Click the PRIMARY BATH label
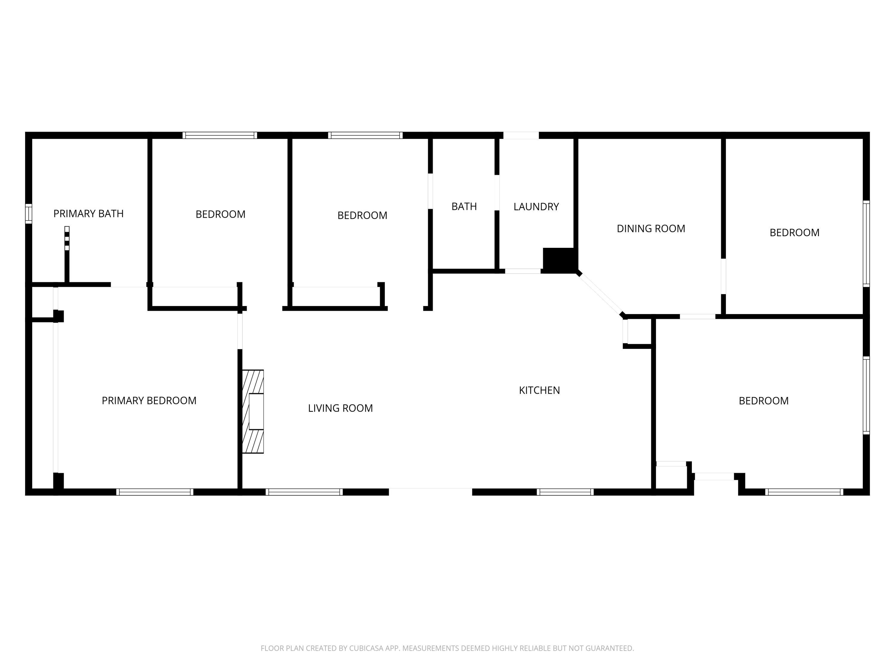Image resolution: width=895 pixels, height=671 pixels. click(88, 214)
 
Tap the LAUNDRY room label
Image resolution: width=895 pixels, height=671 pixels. click(536, 207)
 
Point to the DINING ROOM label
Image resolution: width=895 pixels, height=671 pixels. click(651, 228)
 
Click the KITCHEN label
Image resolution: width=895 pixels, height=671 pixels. click(539, 390)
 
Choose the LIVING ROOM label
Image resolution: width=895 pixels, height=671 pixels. click(340, 408)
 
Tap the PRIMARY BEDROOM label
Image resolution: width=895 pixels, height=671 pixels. click(149, 401)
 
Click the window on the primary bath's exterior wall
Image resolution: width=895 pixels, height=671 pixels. click(28, 214)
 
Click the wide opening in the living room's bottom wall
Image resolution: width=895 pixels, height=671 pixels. click(430, 492)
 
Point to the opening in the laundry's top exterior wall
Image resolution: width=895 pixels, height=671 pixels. click(521, 135)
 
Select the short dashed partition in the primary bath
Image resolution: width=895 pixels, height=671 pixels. click(67, 238)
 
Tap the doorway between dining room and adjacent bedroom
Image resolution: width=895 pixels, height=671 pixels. click(723, 276)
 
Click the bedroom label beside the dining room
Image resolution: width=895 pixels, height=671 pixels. click(794, 233)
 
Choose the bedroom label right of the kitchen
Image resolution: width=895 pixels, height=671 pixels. click(763, 401)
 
